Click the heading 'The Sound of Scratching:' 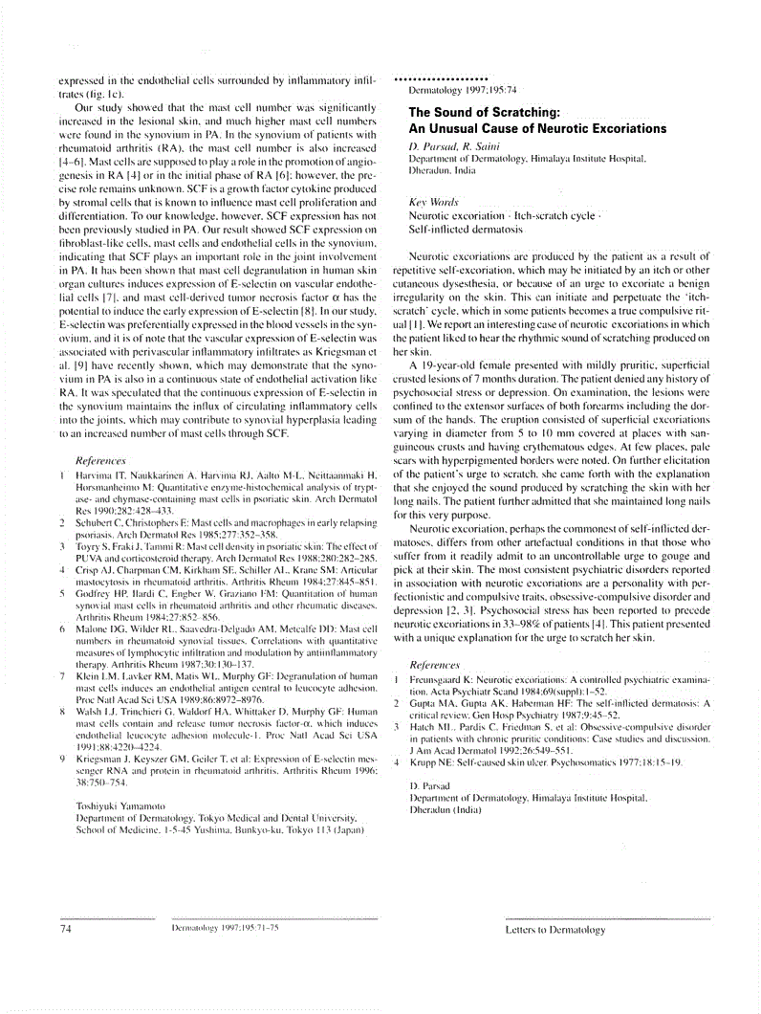click(x=484, y=112)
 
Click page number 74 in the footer click(x=66, y=928)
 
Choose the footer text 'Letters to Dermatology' click(x=554, y=929)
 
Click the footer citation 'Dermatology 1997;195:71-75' click(x=225, y=928)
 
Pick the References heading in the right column click(x=434, y=664)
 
